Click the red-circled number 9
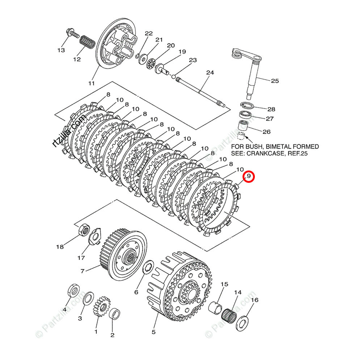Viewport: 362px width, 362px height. tap(249, 177)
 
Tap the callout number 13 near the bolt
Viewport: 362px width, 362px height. tap(61, 50)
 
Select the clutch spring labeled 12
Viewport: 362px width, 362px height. tap(87, 41)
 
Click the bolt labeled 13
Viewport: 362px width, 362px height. tap(72, 35)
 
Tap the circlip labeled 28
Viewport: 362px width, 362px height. tap(247, 105)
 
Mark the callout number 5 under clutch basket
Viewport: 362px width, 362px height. tap(153, 332)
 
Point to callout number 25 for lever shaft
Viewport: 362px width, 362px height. tap(275, 81)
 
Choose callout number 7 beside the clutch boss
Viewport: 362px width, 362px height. tap(83, 271)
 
